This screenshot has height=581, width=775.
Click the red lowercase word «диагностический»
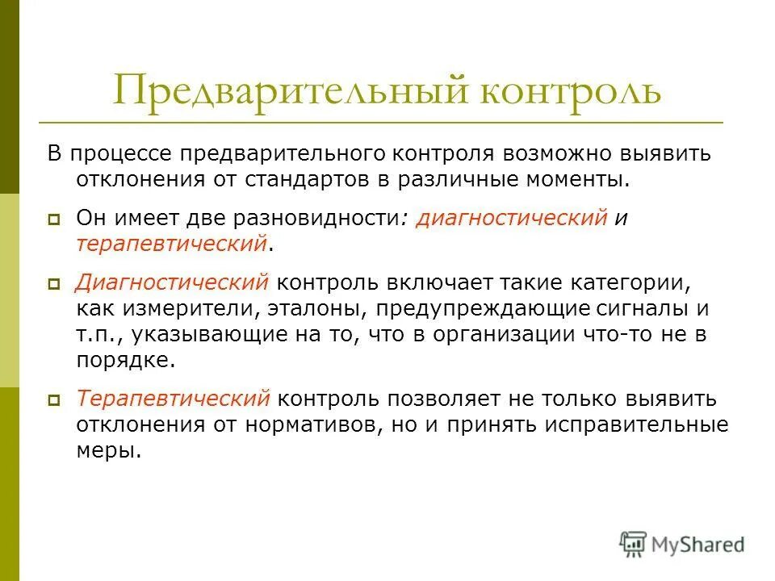[511, 219]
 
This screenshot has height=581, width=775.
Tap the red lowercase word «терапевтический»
[171, 242]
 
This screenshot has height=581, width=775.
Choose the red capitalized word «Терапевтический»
[173, 399]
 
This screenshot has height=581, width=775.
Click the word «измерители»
[180, 308]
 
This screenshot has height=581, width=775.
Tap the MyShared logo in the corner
[683, 543]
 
